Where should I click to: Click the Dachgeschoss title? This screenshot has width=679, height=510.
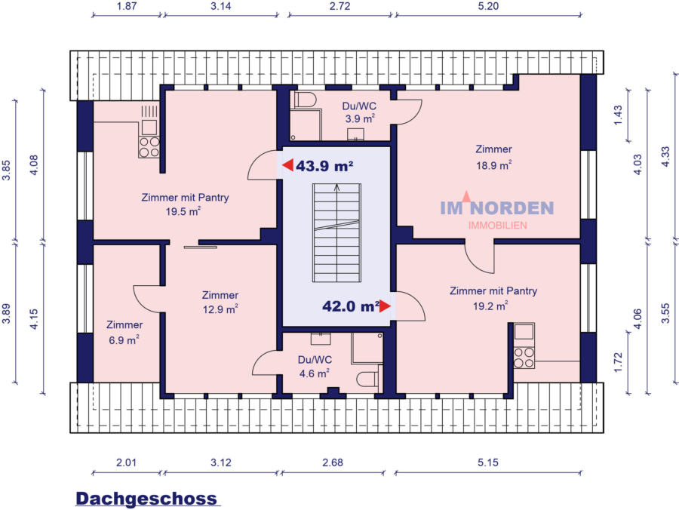pyautogui.click(x=146, y=499)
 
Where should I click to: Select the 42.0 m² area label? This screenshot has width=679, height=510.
pyautogui.click(x=350, y=306)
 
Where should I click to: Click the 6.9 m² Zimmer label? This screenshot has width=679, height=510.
pyautogui.click(x=124, y=333)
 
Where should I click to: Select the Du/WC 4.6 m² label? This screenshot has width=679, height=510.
pyautogui.click(x=314, y=366)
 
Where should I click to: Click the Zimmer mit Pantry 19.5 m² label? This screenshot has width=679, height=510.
pyautogui.click(x=185, y=204)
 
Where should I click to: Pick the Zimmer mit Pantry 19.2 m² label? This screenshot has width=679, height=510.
pyautogui.click(x=493, y=298)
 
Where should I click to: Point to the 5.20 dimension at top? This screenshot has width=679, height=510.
pyautogui.click(x=487, y=6)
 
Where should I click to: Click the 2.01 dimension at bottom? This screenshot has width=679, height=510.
pyautogui.click(x=126, y=462)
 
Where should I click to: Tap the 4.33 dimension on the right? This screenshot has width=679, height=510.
pyautogui.click(x=665, y=158)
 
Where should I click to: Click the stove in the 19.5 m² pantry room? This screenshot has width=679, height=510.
pyautogui.click(x=149, y=146)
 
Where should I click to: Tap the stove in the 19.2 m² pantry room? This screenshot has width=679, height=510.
pyautogui.click(x=524, y=357)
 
